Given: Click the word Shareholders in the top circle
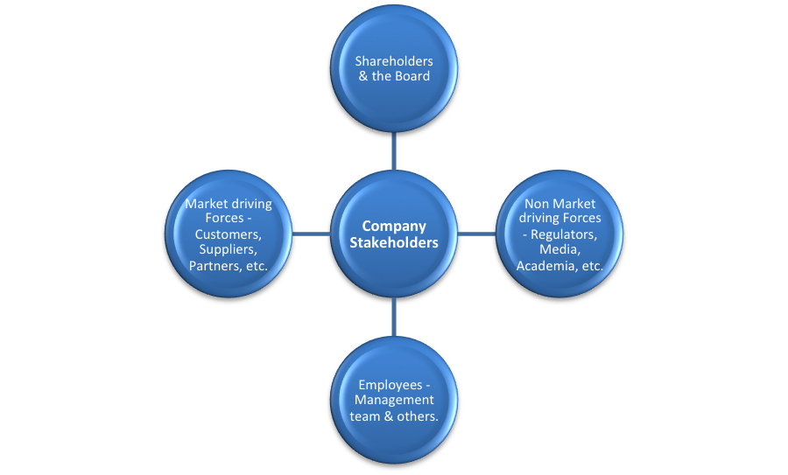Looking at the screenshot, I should click(x=393, y=61).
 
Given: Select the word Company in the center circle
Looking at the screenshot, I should click(x=393, y=226).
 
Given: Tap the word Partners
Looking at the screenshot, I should click(x=212, y=265).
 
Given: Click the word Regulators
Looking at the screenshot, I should click(x=566, y=234).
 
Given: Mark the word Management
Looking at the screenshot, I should click(x=394, y=401).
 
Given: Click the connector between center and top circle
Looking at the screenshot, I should click(x=394, y=150).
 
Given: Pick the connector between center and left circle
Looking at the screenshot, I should click(x=311, y=234).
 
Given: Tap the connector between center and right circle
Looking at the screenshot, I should click(x=476, y=234).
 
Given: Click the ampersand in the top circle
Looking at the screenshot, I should click(x=362, y=76).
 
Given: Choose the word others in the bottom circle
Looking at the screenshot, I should click(x=417, y=416).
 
